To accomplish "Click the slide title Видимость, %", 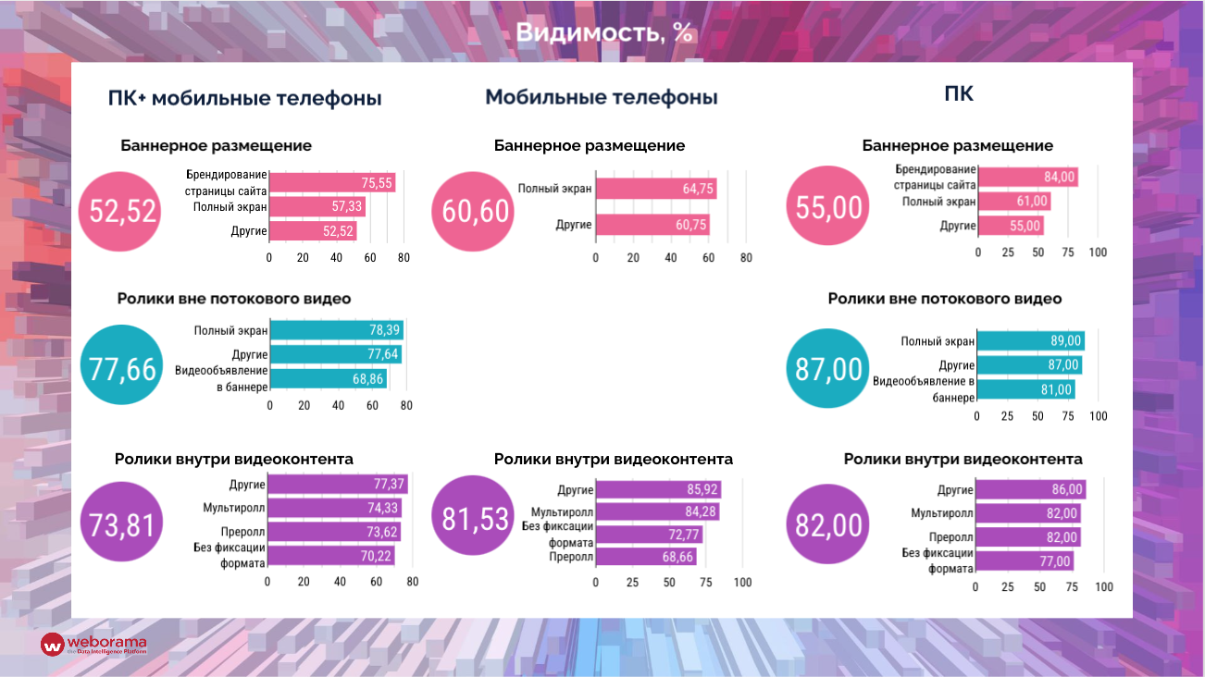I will pyautogui.click(x=603, y=32).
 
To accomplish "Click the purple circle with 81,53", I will pyautogui.click(x=475, y=519).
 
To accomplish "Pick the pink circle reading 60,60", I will pyautogui.click(x=475, y=211).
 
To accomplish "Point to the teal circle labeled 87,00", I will pyautogui.click(x=828, y=368).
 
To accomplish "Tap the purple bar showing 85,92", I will pyautogui.click(x=657, y=490).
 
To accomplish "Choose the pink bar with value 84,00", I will pyautogui.click(x=1027, y=177).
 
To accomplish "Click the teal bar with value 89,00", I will pyautogui.click(x=1030, y=341).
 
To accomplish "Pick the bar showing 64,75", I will pyautogui.click(x=655, y=189).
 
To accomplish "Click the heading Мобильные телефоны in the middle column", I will pyautogui.click(x=602, y=97).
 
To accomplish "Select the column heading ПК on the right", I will pyautogui.click(x=959, y=93).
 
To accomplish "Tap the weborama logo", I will pyautogui.click(x=93, y=644).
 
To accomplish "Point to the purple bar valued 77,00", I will pyautogui.click(x=1024, y=560).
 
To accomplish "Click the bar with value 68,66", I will pyautogui.click(x=646, y=557).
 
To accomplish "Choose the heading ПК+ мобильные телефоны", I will pyautogui.click(x=244, y=98).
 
